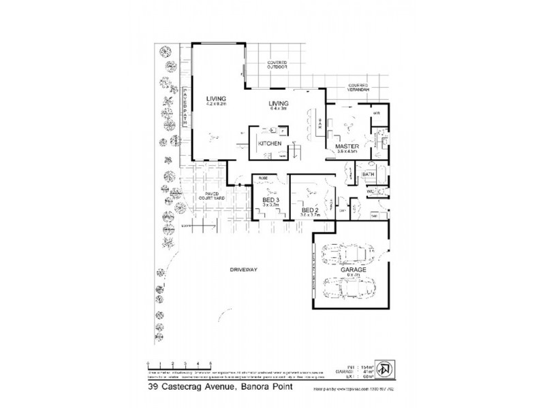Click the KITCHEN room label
click(x=270, y=144)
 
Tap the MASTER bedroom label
click(x=347, y=146)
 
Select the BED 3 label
click(x=271, y=199)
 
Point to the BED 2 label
click(x=310, y=209)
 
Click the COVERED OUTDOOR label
click(x=278, y=65)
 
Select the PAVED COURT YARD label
click(x=215, y=198)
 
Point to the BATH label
click(x=369, y=175)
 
